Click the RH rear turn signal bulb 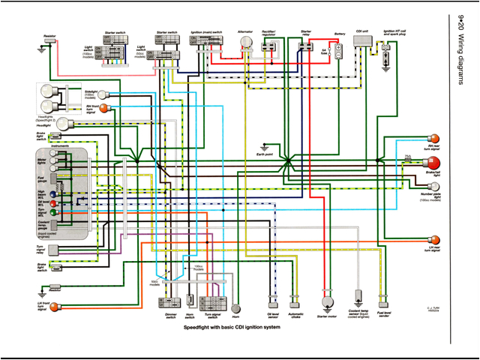coord(432,139)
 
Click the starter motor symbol coord(326,303)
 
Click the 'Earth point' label coord(262,156)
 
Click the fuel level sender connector coord(383,301)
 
